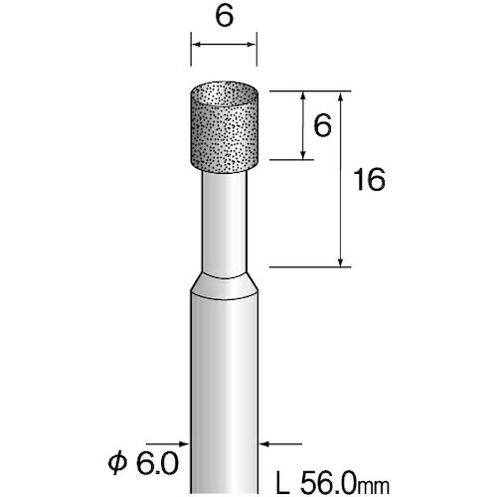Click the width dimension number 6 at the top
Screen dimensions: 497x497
coord(225,16)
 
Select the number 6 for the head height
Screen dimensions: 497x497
coord(322,125)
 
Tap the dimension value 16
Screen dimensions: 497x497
coord(369,179)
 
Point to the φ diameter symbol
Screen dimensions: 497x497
coord(117,463)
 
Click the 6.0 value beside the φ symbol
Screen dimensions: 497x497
coord(157,463)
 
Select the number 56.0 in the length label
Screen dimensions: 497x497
coord(329,483)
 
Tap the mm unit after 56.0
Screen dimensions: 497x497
coord(374,486)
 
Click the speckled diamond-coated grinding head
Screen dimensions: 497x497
coord(225,126)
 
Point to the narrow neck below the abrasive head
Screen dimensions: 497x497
coord(225,224)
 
